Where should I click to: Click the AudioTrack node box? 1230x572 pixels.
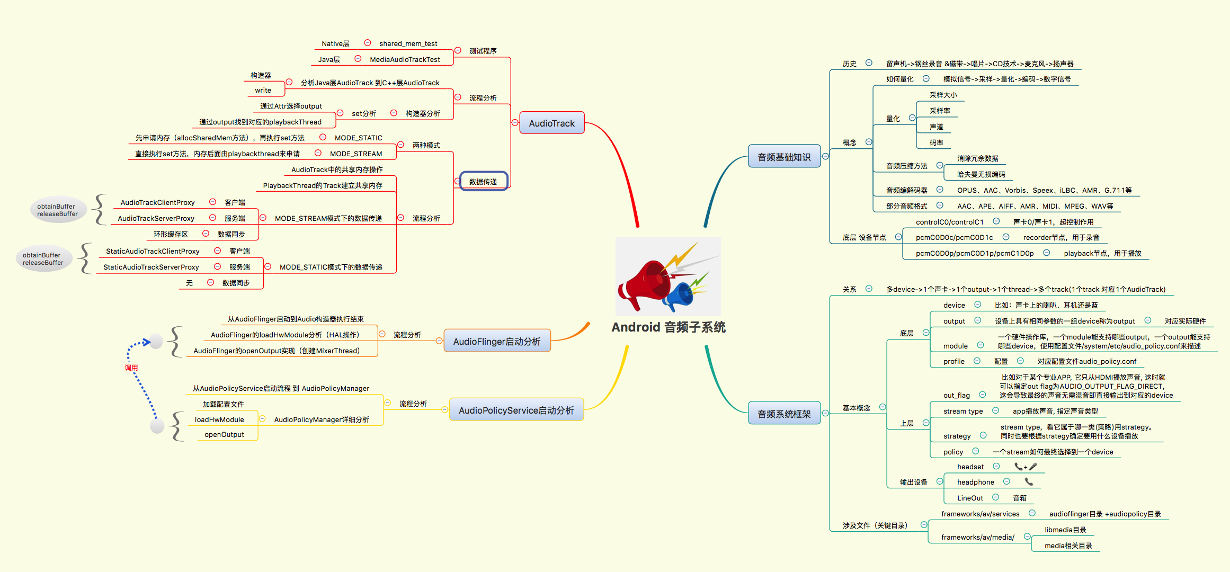551,123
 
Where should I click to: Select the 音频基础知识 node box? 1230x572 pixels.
784,157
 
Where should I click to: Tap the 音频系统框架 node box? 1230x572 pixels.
784,414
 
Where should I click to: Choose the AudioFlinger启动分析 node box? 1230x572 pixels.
497,341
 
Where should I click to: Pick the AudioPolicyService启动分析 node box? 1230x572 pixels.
516,410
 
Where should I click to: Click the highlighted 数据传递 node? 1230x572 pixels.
483,182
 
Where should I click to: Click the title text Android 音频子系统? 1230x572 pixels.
669,327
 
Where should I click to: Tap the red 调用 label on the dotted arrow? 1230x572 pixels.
131,368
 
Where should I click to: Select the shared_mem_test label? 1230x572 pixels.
408,43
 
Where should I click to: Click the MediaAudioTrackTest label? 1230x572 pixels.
405,59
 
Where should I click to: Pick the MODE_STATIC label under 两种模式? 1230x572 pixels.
358,138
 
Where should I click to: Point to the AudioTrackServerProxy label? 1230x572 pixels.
156,218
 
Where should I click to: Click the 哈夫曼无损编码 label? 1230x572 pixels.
981,174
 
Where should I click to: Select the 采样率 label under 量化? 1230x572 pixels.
940,111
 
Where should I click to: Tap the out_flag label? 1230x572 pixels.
956,395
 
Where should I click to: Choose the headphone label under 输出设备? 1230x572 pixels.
975,482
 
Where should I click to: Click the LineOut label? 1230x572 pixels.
970,498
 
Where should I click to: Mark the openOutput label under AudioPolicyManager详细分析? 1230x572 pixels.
224,434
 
